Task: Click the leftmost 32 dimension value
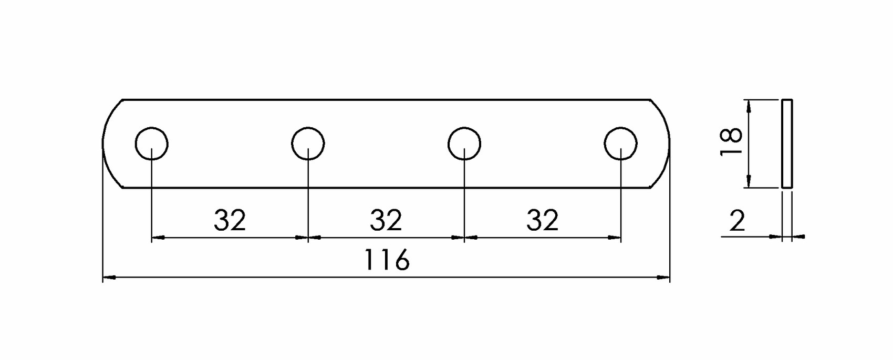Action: point(230,220)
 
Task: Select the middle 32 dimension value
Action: point(386,220)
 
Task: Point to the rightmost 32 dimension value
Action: point(542,220)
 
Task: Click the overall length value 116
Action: point(387,260)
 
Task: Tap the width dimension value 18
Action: point(731,141)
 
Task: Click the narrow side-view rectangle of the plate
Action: point(786,143)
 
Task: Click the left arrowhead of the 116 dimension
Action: point(109,277)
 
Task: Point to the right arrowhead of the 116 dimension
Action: point(663,277)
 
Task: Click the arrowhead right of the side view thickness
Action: point(798,237)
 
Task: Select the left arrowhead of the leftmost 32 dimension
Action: point(158,238)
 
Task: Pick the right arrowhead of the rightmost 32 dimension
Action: point(614,238)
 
